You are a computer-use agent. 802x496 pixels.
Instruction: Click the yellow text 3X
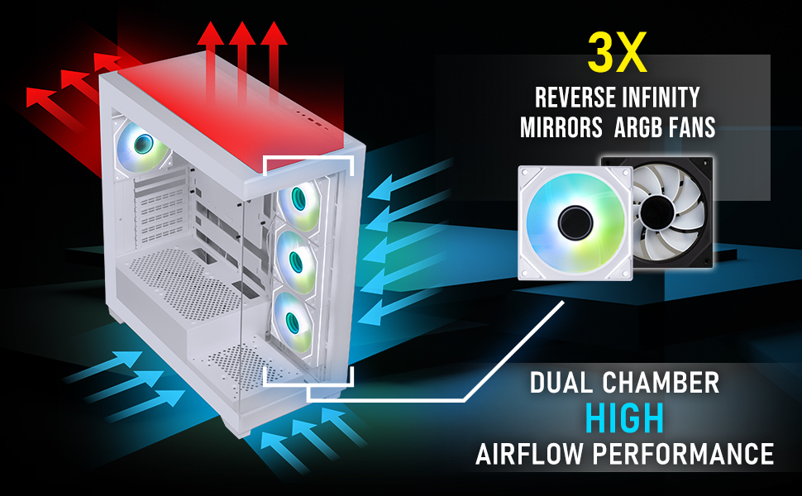click(x=615, y=54)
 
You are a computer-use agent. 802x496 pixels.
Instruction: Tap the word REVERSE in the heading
click(x=574, y=98)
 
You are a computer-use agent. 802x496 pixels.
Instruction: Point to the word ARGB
click(x=634, y=129)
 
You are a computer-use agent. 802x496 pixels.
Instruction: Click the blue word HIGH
click(x=624, y=419)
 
